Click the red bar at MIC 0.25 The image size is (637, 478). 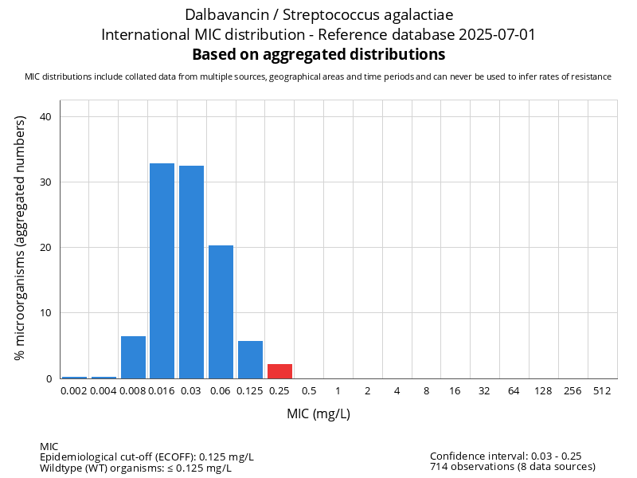[x=279, y=371]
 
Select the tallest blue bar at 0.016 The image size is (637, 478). [x=162, y=271]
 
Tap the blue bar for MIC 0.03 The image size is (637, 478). [x=192, y=272]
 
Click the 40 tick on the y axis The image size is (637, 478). [x=45, y=117]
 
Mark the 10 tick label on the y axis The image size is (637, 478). [x=45, y=313]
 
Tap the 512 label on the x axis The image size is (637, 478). [x=602, y=391]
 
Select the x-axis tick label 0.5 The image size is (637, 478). [x=309, y=391]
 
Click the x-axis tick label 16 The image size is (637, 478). [x=455, y=391]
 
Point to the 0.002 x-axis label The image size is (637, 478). [x=74, y=391]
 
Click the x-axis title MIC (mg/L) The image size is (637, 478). [x=318, y=414]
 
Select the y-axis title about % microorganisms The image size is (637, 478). [x=21, y=237]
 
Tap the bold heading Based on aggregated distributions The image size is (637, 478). [x=318, y=55]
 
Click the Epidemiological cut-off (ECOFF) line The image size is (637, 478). [x=147, y=456]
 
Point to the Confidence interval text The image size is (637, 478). [x=505, y=456]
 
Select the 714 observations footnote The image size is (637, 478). [x=512, y=466]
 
